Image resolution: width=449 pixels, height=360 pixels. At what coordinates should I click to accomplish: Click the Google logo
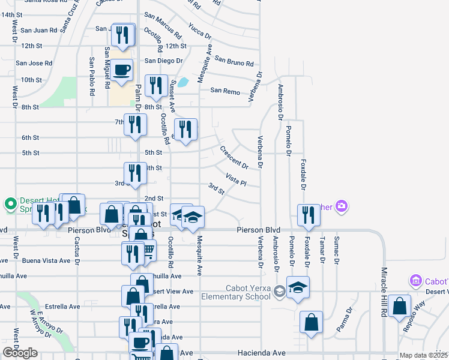tap(20, 353)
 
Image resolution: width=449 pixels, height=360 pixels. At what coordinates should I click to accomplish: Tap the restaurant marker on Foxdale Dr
tap(309, 215)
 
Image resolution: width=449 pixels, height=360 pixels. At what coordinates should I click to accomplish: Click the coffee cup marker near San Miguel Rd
tap(122, 70)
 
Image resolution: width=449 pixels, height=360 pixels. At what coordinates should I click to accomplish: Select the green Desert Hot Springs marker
tap(10, 205)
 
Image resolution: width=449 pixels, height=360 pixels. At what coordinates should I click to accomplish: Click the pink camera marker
tap(342, 206)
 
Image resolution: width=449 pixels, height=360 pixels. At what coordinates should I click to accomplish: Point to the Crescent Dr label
tap(234, 157)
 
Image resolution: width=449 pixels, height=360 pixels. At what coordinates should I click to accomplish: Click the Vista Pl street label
tap(236, 179)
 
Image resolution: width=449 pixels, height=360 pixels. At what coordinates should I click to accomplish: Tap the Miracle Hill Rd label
tap(383, 301)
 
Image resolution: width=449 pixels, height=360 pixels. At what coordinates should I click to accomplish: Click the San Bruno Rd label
tap(234, 61)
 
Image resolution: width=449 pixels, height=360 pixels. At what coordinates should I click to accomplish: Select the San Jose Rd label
tap(34, 62)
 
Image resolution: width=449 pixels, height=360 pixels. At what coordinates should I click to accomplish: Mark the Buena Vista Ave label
tap(43, 260)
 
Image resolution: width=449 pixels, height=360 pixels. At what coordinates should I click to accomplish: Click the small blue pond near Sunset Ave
tap(184, 82)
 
